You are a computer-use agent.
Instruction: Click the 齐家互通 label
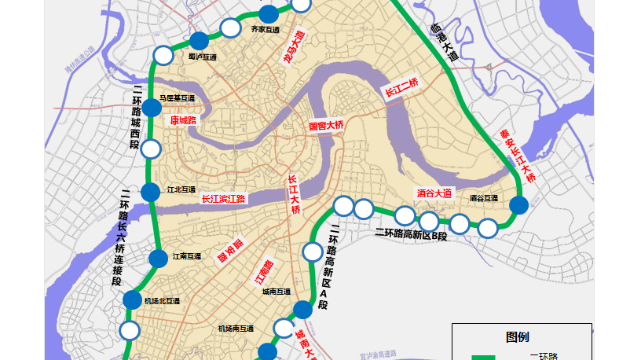click(x=265, y=30)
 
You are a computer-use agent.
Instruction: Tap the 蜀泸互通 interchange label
click(x=202, y=57)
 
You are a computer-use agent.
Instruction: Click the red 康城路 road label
click(x=183, y=120)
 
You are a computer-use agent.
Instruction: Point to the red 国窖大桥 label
click(x=326, y=126)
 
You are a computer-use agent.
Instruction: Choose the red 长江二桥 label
click(x=401, y=88)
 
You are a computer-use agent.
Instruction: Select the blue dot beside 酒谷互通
click(x=518, y=206)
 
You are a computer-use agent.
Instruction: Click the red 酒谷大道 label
click(x=434, y=193)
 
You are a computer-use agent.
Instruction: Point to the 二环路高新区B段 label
click(x=410, y=234)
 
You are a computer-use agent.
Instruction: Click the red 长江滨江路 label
click(x=224, y=199)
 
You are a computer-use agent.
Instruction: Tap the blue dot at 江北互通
click(x=150, y=191)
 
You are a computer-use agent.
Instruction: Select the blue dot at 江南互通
click(x=159, y=258)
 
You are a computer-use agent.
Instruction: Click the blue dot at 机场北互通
click(x=132, y=299)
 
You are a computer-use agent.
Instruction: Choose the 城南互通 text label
click(x=277, y=292)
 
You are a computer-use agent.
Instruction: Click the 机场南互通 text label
click(x=236, y=329)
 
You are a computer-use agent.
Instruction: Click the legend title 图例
click(x=517, y=336)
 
